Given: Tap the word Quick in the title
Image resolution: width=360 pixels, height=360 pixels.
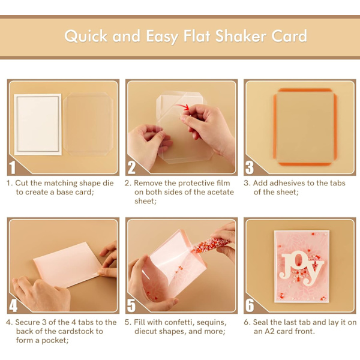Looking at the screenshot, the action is tap(86, 36).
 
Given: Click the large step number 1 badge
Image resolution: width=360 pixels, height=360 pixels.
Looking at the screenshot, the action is tap(13, 167).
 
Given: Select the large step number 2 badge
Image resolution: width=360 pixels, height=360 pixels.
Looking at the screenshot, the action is tap(131, 167).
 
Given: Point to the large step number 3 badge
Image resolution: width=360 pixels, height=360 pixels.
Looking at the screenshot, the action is tap(250, 167).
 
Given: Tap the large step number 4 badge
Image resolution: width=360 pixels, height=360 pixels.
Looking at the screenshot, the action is tap(13, 305).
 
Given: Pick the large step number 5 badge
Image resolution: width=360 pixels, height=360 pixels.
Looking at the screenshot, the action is tap(131, 305).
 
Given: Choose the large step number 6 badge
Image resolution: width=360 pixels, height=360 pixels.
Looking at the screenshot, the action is tap(250, 305).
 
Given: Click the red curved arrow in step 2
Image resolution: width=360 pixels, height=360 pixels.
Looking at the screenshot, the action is tap(182, 107).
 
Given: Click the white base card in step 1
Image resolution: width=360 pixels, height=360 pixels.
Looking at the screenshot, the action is tap(38, 124).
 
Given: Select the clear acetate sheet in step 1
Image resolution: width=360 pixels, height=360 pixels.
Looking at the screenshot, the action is tap(88, 124).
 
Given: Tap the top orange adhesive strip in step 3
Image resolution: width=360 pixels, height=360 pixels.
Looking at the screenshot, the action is tap(305, 90).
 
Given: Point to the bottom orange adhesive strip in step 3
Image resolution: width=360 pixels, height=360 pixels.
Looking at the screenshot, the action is tap(305, 164).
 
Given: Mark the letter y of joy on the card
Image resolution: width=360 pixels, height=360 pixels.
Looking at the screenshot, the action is tap(314, 274).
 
